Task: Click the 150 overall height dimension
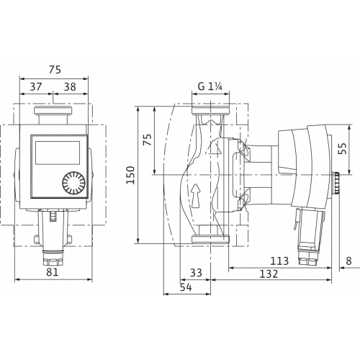click(x=130, y=174)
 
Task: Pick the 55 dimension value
click(x=343, y=149)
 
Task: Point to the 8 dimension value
click(x=348, y=261)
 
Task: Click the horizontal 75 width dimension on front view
click(x=53, y=71)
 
